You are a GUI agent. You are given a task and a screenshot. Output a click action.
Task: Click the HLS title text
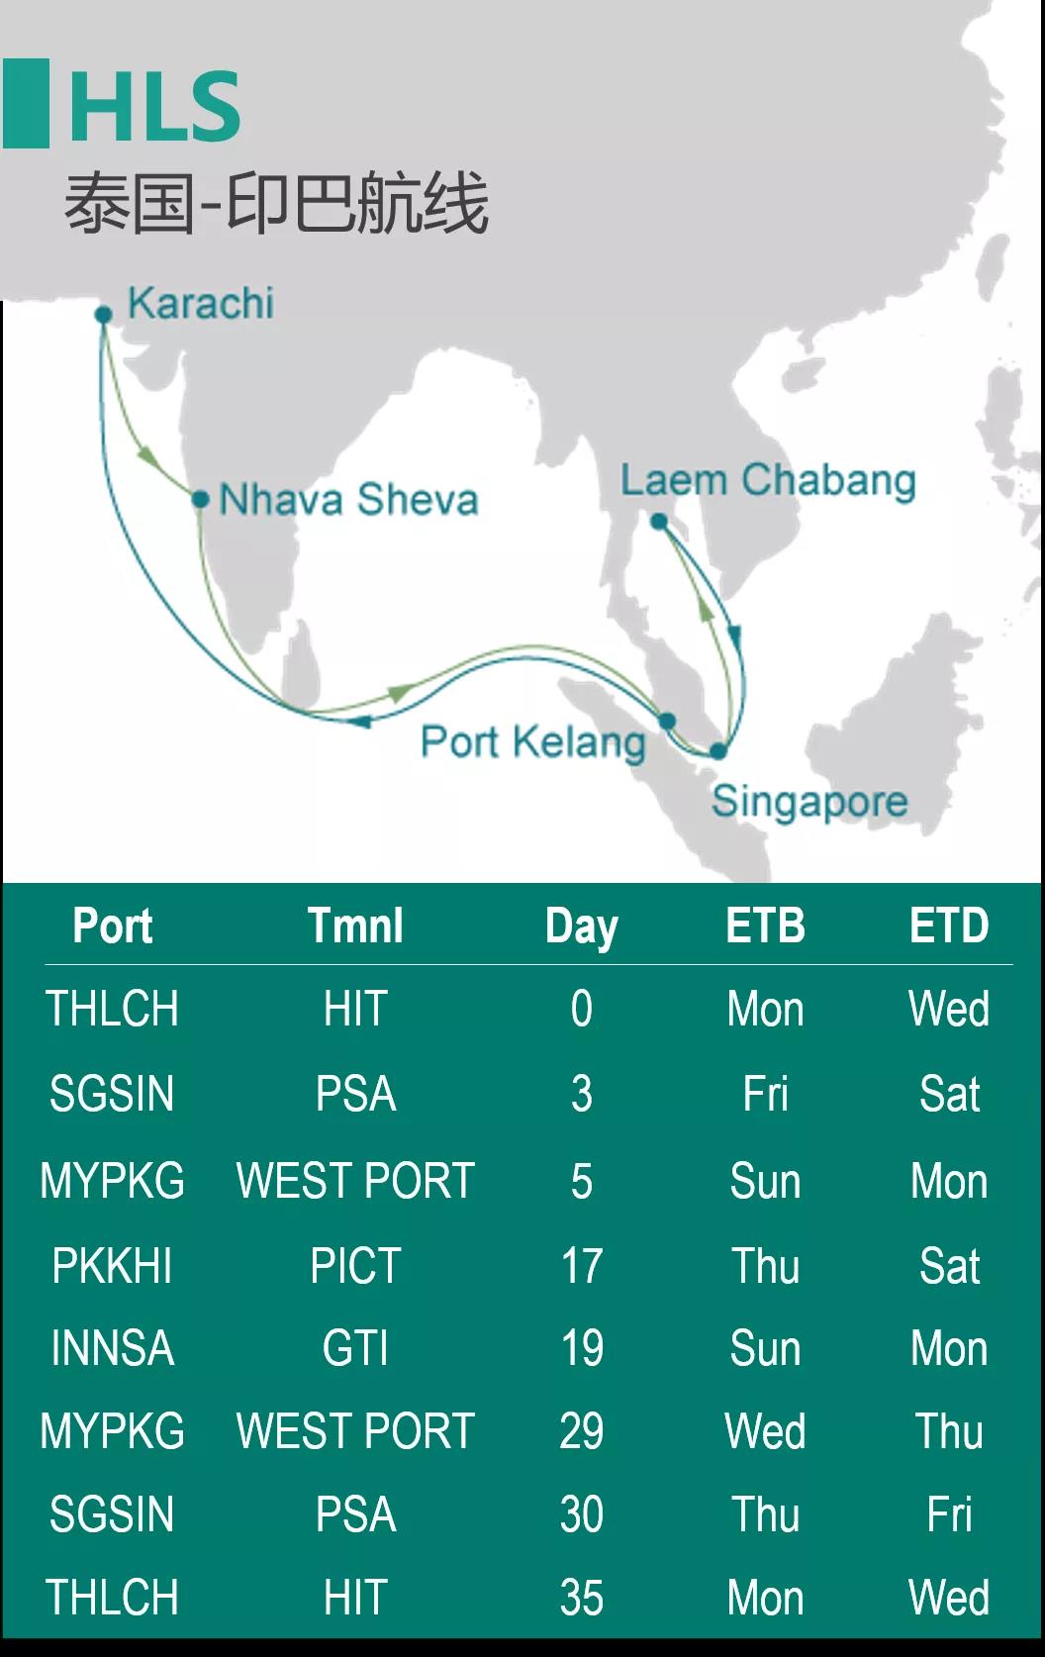click(155, 106)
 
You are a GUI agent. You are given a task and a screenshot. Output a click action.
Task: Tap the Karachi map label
click(201, 303)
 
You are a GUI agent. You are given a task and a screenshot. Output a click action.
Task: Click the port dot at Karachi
click(104, 315)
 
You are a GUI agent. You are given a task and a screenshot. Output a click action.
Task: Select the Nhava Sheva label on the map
click(348, 499)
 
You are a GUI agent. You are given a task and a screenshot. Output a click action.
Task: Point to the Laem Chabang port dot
click(659, 522)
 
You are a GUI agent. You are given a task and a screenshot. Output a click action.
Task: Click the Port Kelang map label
click(533, 742)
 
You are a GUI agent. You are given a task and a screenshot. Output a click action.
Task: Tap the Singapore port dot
click(718, 751)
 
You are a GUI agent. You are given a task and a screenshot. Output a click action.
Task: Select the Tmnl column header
click(355, 926)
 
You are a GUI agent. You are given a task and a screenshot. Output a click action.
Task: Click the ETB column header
click(766, 926)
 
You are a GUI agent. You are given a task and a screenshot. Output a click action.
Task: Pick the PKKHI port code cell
click(112, 1266)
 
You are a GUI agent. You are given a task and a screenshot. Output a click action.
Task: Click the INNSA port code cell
click(113, 1348)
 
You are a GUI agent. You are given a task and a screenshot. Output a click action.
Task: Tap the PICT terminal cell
click(355, 1266)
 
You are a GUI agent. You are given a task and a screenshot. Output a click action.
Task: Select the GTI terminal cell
click(355, 1348)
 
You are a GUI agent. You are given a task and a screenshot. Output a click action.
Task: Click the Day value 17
click(582, 1266)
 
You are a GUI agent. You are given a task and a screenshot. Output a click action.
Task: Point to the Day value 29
click(581, 1430)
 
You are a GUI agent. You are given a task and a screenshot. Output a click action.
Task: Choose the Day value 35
click(581, 1597)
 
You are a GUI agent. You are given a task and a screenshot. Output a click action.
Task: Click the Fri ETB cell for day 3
click(766, 1094)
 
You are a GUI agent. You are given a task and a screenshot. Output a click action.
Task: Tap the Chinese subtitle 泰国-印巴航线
click(276, 204)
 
